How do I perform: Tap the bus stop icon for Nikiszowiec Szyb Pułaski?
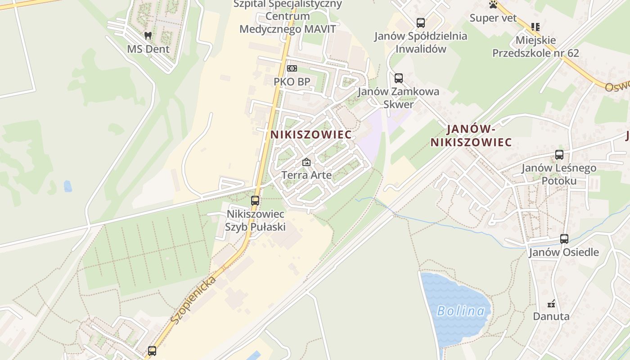click(255, 201)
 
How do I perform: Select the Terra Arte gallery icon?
click(306, 162)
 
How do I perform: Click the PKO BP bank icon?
click(292, 68)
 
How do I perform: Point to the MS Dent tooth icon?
click(148, 36)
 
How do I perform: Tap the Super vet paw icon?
click(494, 5)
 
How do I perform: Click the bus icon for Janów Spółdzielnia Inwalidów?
click(421, 22)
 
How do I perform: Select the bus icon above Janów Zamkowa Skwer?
click(399, 78)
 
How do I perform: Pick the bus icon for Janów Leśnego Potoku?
click(559, 155)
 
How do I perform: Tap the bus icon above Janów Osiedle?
click(564, 239)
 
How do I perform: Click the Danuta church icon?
click(551, 303)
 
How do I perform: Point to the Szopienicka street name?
click(193, 300)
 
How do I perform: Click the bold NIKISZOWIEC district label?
click(311, 135)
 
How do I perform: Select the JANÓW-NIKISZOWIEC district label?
click(471, 136)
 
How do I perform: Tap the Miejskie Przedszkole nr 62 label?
click(535, 47)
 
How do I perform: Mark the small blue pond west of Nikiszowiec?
click(67, 186)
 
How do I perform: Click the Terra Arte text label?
click(306, 175)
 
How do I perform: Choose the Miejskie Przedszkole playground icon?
click(535, 27)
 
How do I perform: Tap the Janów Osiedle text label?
click(564, 252)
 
